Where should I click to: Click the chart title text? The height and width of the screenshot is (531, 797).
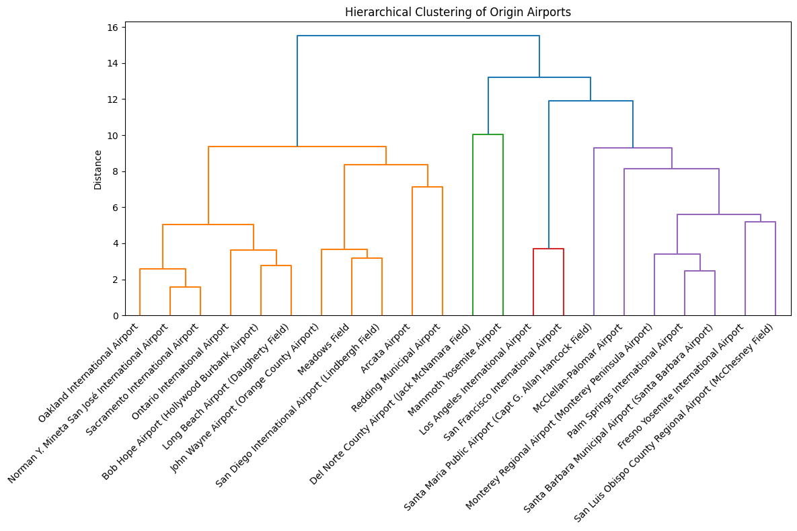tap(458, 12)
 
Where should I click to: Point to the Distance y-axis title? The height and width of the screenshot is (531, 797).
tap(98, 169)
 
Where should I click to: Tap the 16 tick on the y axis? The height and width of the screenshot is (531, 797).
tap(112, 28)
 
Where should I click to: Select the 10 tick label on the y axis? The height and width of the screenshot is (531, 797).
tap(112, 136)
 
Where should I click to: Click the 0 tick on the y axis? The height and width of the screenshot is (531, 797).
tap(115, 315)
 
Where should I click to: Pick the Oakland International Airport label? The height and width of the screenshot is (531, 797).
tap(88, 372)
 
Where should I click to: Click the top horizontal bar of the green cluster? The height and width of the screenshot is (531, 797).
tap(488, 134)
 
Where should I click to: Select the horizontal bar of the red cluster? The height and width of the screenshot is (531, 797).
tap(548, 249)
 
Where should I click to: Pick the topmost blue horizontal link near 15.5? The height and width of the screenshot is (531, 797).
tap(418, 36)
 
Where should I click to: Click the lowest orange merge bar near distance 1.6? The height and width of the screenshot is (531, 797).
tap(185, 287)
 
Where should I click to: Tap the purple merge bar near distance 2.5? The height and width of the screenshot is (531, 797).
tap(699, 271)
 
